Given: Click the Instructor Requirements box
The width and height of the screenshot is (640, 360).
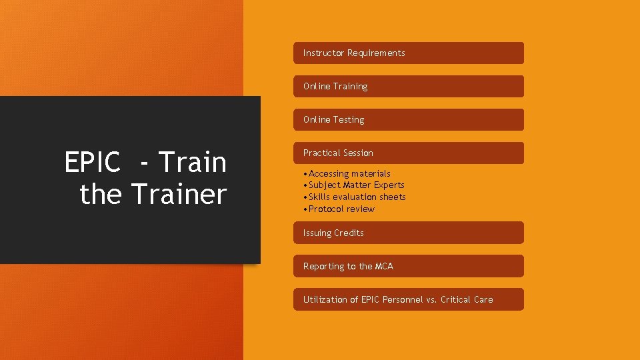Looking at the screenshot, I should point(408,53).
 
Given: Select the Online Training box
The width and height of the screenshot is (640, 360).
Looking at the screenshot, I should point(408,87).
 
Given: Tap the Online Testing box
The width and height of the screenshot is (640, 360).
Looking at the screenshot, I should point(408,120).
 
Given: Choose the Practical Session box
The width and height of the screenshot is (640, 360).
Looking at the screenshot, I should point(408,153).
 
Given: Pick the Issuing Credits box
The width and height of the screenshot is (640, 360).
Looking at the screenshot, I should point(408,233).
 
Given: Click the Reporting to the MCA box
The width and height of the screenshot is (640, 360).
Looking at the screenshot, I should point(408,266).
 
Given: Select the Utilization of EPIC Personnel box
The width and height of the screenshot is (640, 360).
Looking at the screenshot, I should point(408,299).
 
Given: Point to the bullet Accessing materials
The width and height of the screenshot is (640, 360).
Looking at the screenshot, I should point(349,173).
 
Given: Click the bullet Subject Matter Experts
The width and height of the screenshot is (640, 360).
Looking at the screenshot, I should point(356,185).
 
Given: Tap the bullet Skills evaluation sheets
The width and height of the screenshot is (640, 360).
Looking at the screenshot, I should point(357,197).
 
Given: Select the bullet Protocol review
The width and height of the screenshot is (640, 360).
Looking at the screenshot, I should point(341,209).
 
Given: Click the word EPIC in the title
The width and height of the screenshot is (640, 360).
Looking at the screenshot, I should point(93,162).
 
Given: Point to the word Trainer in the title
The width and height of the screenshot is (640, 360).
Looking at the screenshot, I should point(179,194).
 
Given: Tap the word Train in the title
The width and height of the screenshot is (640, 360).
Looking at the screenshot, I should point(193,162).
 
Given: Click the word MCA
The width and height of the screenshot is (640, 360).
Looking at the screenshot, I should point(384,266).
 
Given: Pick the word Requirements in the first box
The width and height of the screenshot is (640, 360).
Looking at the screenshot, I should point(376,53).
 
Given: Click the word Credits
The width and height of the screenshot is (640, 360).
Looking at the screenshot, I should point(349,233).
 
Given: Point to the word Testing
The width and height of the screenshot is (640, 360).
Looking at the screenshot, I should point(349,120).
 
